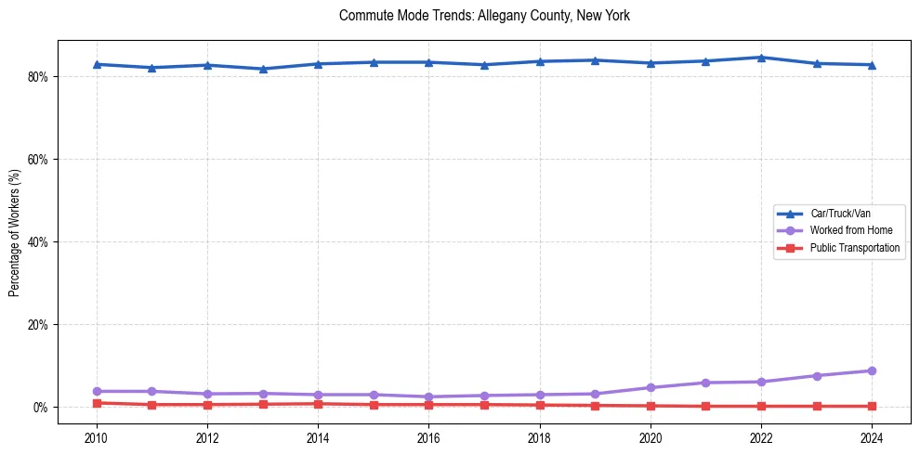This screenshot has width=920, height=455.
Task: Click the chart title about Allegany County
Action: click(484, 16)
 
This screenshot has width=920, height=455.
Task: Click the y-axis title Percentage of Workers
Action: click(15, 232)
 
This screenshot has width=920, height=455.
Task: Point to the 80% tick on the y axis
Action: click(38, 76)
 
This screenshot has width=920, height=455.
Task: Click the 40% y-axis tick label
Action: click(38, 242)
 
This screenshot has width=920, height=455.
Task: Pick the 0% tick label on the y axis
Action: click(41, 408)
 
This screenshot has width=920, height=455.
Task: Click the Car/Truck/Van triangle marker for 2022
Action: click(761, 58)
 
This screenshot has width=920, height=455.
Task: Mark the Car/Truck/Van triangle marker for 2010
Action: click(97, 64)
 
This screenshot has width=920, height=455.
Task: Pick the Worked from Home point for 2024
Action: click(872, 370)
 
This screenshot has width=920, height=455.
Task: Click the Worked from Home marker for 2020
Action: click(651, 387)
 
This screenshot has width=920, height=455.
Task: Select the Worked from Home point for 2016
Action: click(428, 396)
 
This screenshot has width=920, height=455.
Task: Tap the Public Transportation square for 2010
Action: click(97, 403)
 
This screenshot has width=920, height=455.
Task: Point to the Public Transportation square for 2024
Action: click(872, 406)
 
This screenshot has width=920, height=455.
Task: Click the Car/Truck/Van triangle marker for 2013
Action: click(263, 69)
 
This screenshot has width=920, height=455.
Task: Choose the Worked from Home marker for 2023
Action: click(817, 376)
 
